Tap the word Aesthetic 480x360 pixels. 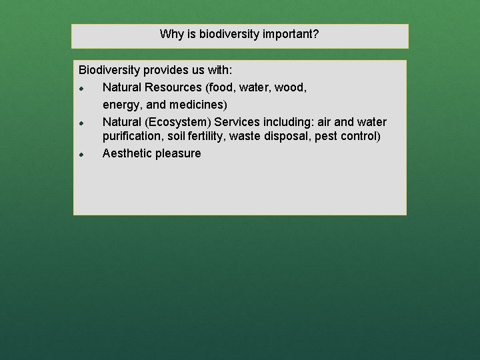127,154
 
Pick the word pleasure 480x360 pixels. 177,154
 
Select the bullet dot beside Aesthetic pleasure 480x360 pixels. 80,155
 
